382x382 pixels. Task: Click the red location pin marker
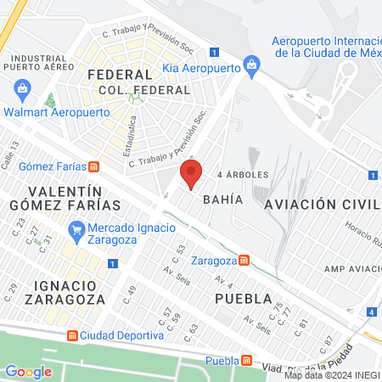pos(191,176)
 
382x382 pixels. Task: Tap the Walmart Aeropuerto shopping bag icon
pos(22,88)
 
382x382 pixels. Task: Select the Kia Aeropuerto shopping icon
pos(250,65)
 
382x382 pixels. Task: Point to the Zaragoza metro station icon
pos(244,260)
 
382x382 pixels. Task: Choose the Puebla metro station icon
pos(246,360)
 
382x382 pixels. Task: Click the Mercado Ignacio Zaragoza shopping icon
pos(77,228)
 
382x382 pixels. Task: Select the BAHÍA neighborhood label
pos(224,199)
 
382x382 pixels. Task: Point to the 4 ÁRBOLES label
pos(243,175)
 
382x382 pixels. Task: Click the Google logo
pos(29,371)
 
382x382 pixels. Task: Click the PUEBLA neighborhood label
pos(243,299)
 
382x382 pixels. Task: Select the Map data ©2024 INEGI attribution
pos(331,375)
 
